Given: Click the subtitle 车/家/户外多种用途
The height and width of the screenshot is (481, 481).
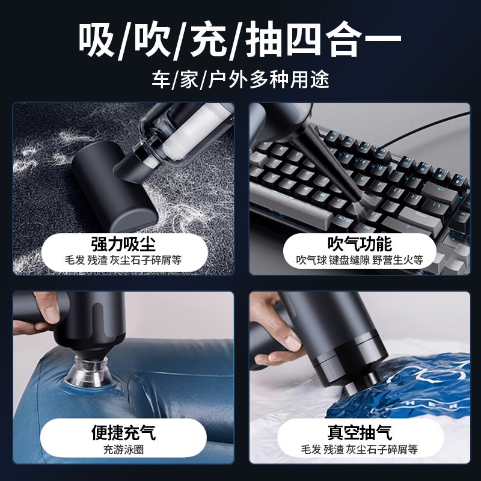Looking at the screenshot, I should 240,79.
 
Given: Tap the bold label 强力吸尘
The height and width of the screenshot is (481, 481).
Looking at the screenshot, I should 123,244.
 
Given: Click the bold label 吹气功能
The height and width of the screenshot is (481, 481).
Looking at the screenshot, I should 360,244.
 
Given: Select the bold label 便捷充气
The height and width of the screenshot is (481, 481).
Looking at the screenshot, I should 123,432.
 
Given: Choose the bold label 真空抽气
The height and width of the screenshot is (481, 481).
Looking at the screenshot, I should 360,432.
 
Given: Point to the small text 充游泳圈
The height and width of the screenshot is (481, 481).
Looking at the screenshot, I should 123,449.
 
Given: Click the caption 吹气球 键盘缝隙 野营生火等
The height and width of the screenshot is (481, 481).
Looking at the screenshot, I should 360,260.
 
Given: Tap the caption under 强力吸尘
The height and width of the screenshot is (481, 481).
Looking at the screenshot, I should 123,260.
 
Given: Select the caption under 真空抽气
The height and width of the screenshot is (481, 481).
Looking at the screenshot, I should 360,449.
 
